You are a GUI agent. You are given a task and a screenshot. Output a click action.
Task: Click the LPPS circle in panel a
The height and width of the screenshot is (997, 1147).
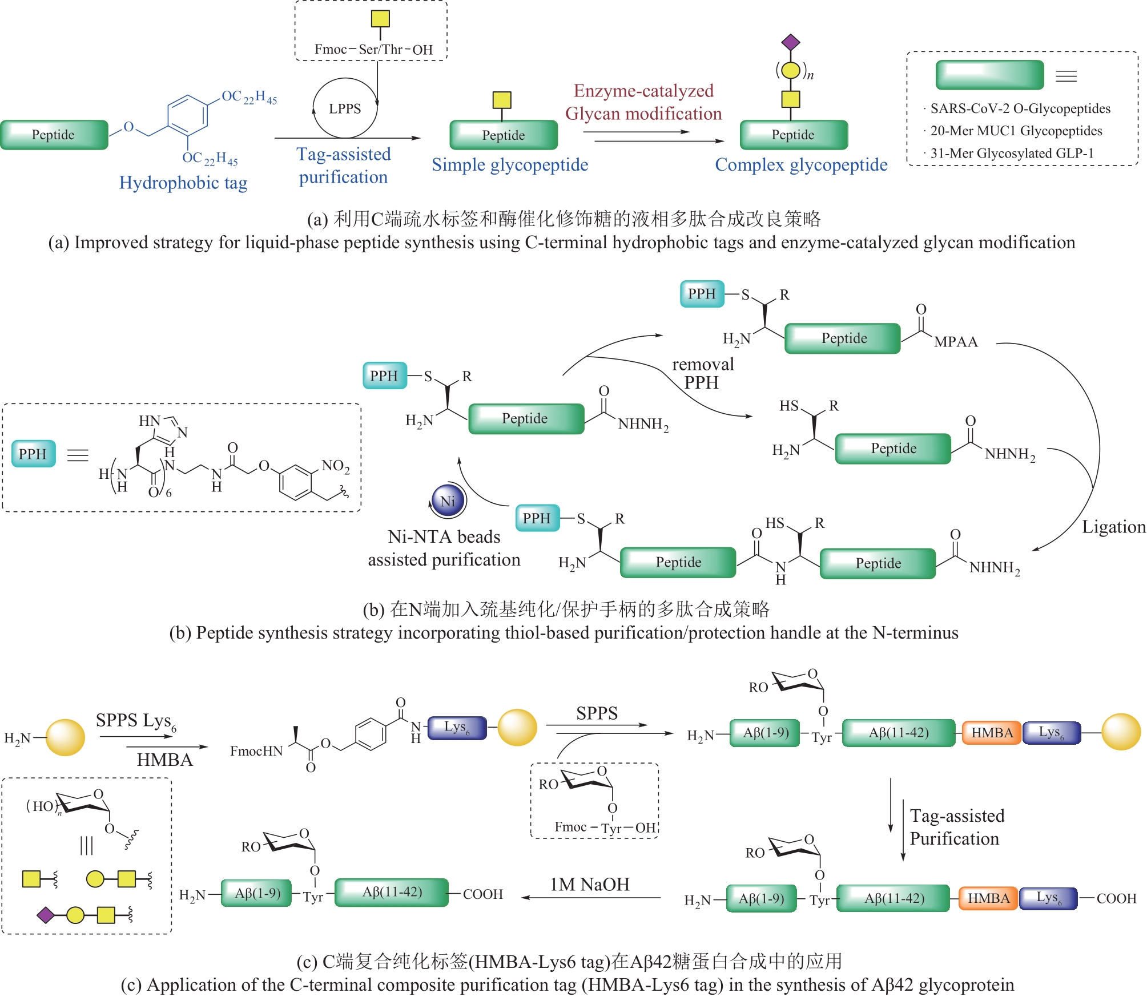pyautogui.click(x=345, y=108)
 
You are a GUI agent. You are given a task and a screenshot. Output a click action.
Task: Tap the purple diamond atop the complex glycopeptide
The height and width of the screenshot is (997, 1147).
pyautogui.click(x=791, y=42)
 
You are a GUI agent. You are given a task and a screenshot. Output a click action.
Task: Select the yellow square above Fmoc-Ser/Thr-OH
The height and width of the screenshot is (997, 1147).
pyautogui.click(x=380, y=19)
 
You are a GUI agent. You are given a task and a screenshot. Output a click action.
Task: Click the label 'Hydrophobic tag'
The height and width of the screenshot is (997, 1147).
pyautogui.click(x=183, y=183)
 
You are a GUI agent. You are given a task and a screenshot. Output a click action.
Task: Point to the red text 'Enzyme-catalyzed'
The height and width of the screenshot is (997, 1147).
pyautogui.click(x=643, y=91)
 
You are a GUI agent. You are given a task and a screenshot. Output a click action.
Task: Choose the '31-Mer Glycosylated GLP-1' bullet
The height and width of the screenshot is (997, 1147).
pyautogui.click(x=1012, y=153)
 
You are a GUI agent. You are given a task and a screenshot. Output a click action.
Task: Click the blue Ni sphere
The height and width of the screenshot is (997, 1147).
pyautogui.click(x=448, y=501)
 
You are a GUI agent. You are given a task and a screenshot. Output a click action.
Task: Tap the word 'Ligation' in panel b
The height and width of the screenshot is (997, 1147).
pyautogui.click(x=1113, y=527)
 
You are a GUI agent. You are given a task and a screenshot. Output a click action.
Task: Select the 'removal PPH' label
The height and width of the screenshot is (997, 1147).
pyautogui.click(x=703, y=373)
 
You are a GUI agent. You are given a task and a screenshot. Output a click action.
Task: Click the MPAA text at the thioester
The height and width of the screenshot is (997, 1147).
pyautogui.click(x=956, y=342)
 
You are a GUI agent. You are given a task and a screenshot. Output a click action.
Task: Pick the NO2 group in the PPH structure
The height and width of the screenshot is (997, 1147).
pyautogui.click(x=335, y=466)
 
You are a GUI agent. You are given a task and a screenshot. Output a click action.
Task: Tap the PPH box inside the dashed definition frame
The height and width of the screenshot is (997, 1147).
pyautogui.click(x=33, y=454)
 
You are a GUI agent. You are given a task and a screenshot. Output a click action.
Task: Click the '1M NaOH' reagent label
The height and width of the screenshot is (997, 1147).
pyautogui.click(x=590, y=885)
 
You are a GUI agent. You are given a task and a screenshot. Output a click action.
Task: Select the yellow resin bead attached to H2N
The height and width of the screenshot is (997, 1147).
pyautogui.click(x=65, y=737)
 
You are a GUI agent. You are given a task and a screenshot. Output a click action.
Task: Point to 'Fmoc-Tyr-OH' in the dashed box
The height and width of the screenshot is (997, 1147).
pyautogui.click(x=605, y=827)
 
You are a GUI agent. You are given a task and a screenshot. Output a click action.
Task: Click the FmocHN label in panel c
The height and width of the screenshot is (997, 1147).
pyautogui.click(x=256, y=751)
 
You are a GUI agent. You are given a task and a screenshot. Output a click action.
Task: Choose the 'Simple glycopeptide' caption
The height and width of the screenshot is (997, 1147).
pyautogui.click(x=510, y=165)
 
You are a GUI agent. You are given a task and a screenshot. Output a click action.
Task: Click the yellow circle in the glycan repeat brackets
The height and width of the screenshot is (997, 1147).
pyautogui.click(x=791, y=71)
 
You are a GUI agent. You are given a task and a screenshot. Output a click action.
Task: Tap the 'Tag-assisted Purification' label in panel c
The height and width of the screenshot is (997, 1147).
pyautogui.click(x=956, y=827)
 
